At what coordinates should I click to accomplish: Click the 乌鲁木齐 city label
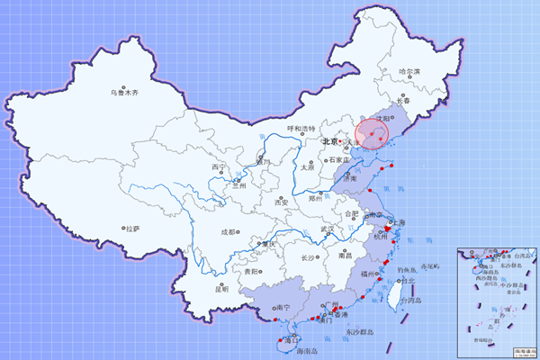tap(124, 92)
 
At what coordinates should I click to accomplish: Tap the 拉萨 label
tap(133, 229)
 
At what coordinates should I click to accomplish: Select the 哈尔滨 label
tap(409, 70)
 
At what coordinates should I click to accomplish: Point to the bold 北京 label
tap(330, 141)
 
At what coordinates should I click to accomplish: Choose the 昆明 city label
tap(221, 289)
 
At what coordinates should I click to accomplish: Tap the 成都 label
tap(229, 232)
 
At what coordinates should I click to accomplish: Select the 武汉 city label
tap(332, 229)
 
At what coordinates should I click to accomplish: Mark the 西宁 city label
tap(220, 167)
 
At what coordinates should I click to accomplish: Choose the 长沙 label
tap(309, 257)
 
